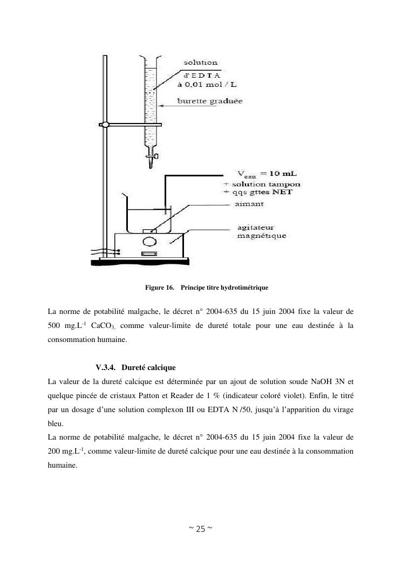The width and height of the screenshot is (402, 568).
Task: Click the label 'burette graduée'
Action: tap(210, 101)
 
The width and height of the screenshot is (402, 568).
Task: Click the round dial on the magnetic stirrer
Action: tap(150, 241)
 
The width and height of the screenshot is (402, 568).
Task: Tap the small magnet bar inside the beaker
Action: tap(148, 231)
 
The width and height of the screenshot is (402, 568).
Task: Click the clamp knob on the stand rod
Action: tap(106, 125)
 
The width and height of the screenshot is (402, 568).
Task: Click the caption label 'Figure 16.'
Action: tap(160, 288)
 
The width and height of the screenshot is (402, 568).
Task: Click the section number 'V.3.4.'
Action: tap(106, 367)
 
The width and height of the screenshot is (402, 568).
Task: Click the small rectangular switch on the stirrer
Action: tap(148, 254)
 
